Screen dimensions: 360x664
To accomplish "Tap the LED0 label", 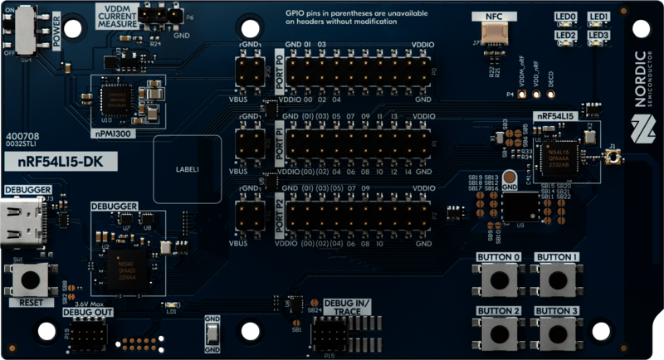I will click(566, 17).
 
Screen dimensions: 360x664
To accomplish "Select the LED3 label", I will click(598, 36).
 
